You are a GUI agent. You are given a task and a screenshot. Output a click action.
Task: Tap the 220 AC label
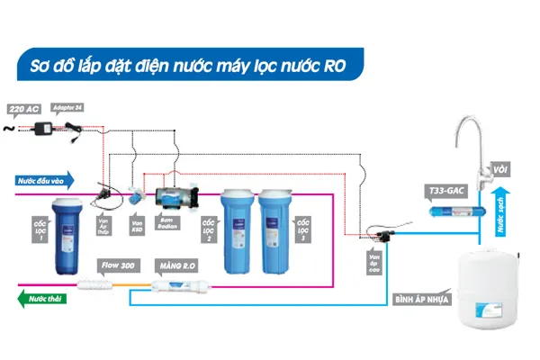23,109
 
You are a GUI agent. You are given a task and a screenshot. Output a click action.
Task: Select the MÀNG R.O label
176,265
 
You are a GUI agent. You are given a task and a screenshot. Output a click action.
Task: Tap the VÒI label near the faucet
499,168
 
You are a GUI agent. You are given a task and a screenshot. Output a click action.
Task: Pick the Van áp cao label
374,261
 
